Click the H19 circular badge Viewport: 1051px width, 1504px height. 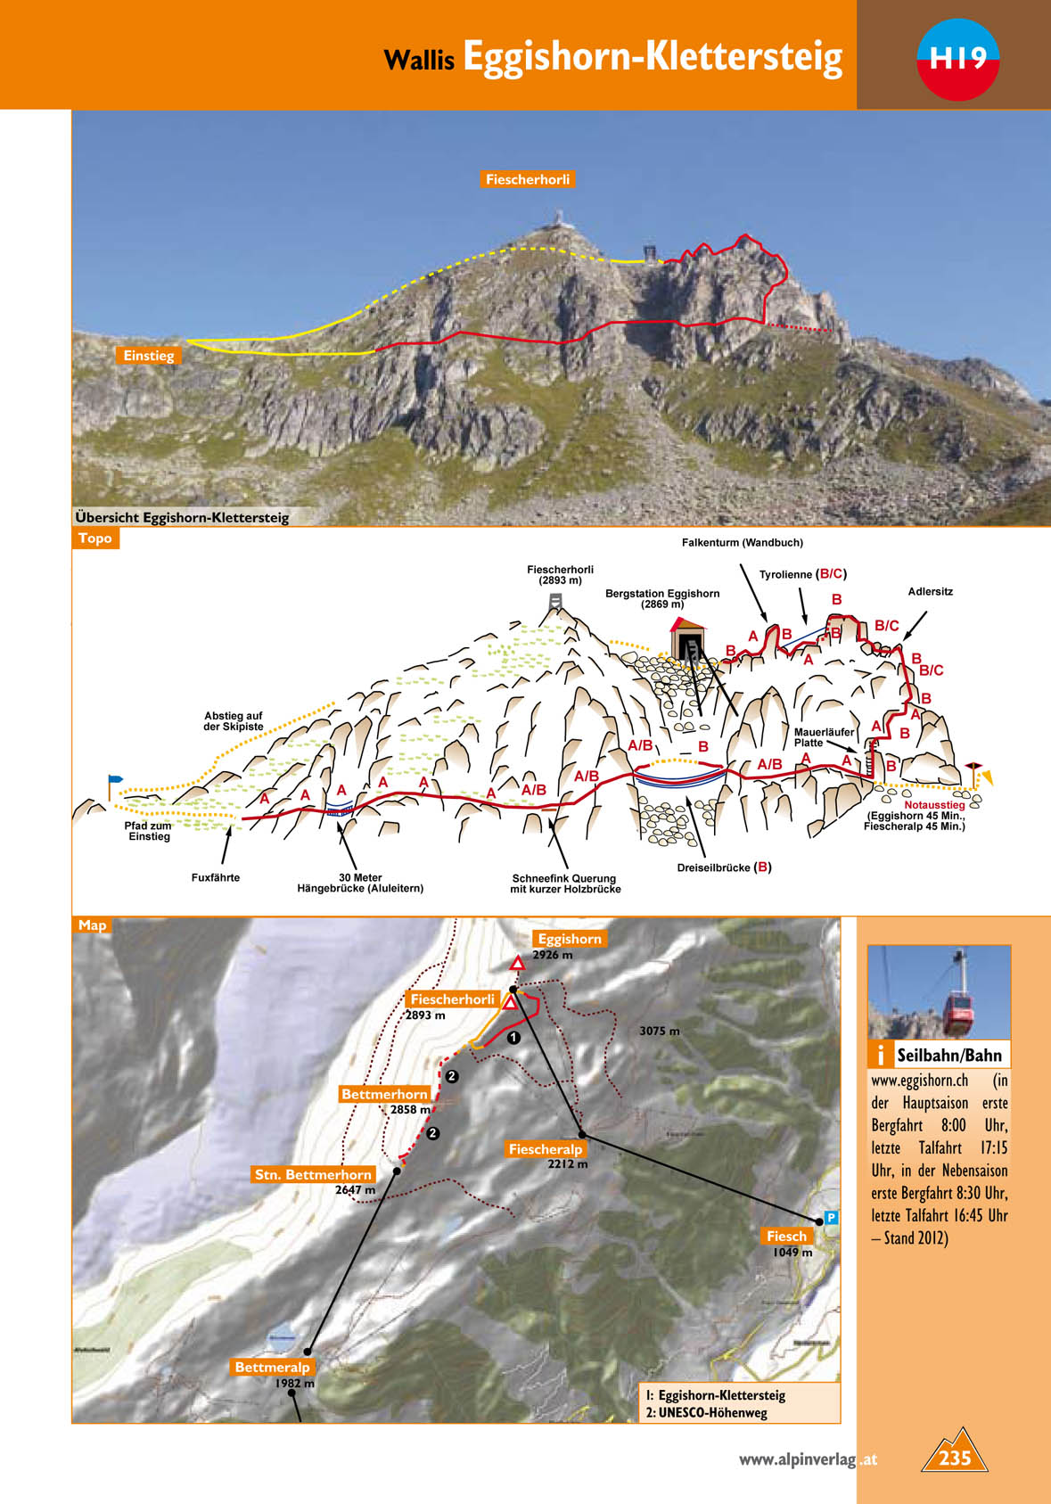(x=957, y=59)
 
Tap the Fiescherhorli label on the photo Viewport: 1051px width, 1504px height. (x=528, y=179)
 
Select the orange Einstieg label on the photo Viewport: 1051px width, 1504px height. (x=149, y=356)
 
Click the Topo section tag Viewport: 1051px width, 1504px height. (x=94, y=538)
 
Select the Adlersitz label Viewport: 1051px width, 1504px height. (x=931, y=591)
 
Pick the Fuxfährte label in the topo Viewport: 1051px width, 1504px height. (x=216, y=877)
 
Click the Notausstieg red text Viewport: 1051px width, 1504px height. (x=934, y=805)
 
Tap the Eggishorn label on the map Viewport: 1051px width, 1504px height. (x=570, y=939)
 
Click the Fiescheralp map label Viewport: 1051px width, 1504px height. (x=545, y=1149)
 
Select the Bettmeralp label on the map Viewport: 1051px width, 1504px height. (x=273, y=1367)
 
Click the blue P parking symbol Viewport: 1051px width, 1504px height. (x=831, y=1218)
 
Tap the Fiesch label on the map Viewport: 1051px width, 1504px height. (x=786, y=1236)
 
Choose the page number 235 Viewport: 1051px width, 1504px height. (x=954, y=1458)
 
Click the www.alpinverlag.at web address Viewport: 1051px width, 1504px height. (x=808, y=1459)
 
